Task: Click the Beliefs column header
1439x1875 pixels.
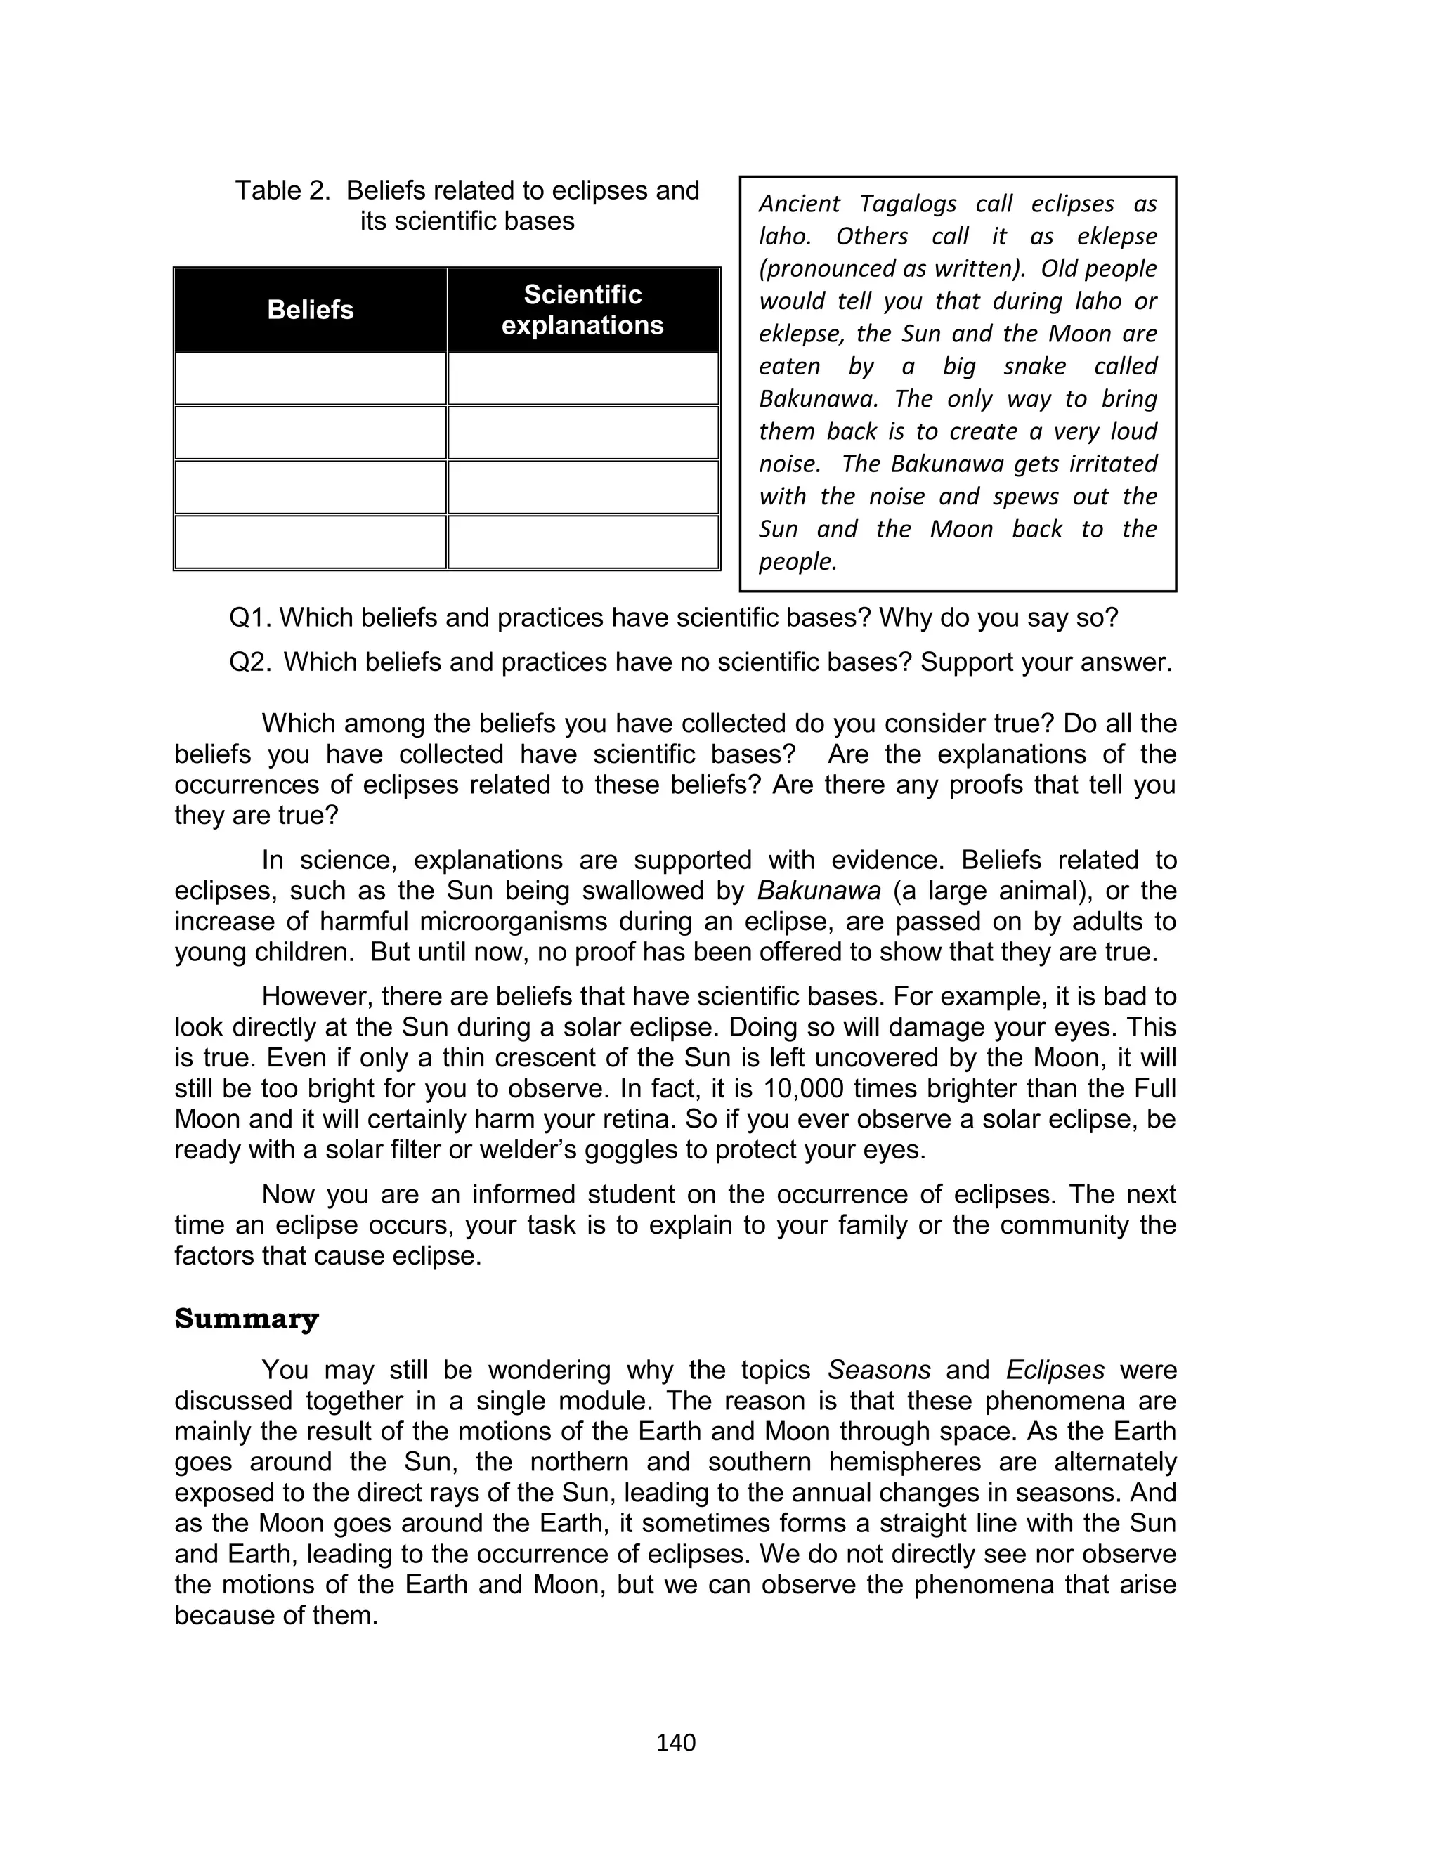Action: [310, 309]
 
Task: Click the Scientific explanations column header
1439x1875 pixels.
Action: [582, 309]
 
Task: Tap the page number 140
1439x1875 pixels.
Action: [676, 1742]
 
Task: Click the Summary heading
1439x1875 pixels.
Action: [247, 1319]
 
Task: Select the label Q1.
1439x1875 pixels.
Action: [249, 618]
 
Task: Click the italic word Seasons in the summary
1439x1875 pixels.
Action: [879, 1370]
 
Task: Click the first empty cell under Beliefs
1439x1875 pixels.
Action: [310, 379]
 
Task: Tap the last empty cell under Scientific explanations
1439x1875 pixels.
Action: [582, 542]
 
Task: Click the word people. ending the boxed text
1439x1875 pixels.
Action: [797, 561]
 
